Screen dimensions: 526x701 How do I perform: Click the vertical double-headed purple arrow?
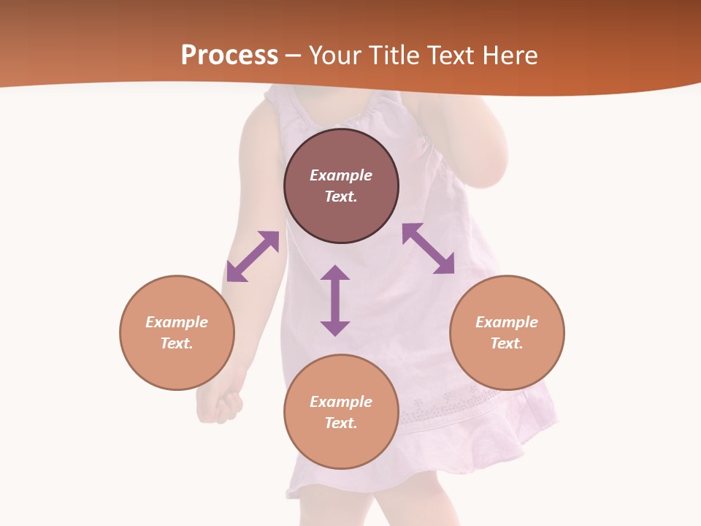[335, 300]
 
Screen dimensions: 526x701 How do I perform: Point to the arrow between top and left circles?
[253, 256]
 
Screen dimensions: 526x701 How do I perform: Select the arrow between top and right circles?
[428, 248]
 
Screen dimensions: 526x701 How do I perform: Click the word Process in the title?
[229, 56]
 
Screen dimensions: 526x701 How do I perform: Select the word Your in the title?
[337, 56]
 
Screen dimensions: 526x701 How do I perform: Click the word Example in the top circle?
[341, 175]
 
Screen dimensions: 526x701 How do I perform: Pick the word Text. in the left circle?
[177, 343]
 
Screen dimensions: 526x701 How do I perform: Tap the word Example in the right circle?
[507, 322]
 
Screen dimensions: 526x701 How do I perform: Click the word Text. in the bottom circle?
[341, 423]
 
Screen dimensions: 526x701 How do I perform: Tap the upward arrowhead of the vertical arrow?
[335, 273]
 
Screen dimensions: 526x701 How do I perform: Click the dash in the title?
[294, 56]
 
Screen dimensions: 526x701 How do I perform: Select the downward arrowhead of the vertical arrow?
[335, 328]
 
